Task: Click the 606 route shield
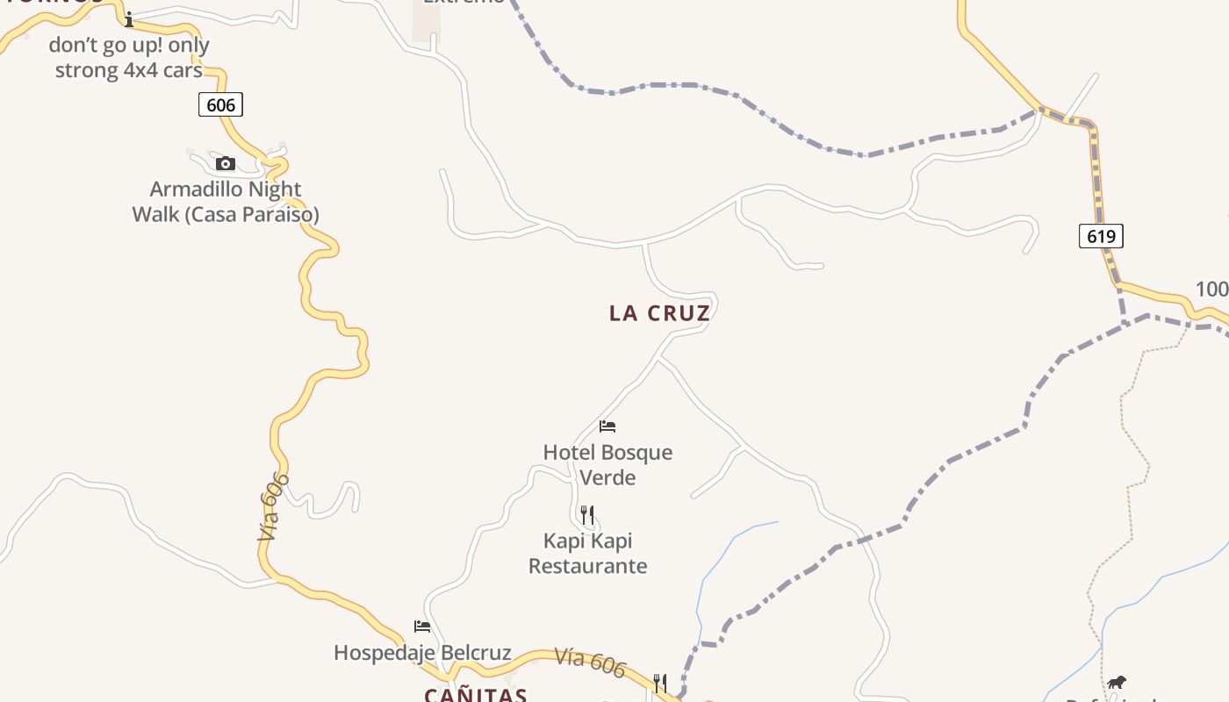pyautogui.click(x=219, y=105)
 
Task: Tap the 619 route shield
pyautogui.click(x=1101, y=236)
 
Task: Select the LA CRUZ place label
pyautogui.click(x=659, y=313)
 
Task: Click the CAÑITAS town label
pyautogui.click(x=475, y=695)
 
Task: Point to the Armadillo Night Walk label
pyautogui.click(x=226, y=202)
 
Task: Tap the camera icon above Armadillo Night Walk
pyautogui.click(x=226, y=163)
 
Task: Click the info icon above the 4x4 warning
pyautogui.click(x=129, y=19)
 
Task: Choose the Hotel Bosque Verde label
pyautogui.click(x=607, y=465)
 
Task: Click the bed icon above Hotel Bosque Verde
pyautogui.click(x=607, y=426)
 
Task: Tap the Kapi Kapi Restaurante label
pyautogui.click(x=587, y=553)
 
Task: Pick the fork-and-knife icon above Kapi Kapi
pyautogui.click(x=587, y=514)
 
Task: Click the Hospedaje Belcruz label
pyautogui.click(x=422, y=653)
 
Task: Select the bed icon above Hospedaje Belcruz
pyautogui.click(x=422, y=627)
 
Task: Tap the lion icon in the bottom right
pyautogui.click(x=1116, y=682)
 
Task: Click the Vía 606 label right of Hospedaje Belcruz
pyautogui.click(x=590, y=663)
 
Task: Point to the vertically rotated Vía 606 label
pyautogui.click(x=274, y=506)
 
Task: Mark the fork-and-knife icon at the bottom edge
pyautogui.click(x=660, y=683)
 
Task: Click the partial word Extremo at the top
pyautogui.click(x=464, y=3)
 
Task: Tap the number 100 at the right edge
pyautogui.click(x=1212, y=290)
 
